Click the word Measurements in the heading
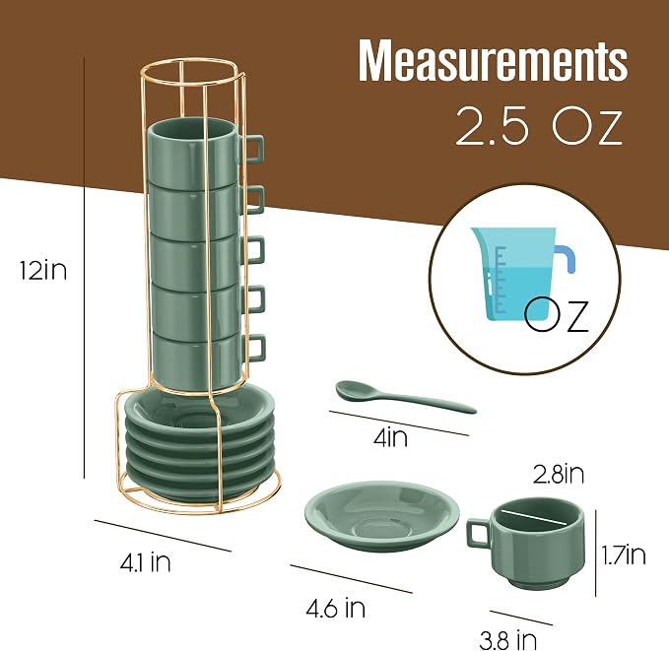click(493, 60)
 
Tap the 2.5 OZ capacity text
click(539, 126)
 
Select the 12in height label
click(43, 270)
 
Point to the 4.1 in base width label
click(145, 562)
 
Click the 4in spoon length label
click(390, 437)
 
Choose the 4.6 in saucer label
click(336, 608)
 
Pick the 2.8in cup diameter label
click(559, 474)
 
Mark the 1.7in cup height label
click(624, 554)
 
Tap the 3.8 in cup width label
click(507, 640)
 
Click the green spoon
click(405, 397)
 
